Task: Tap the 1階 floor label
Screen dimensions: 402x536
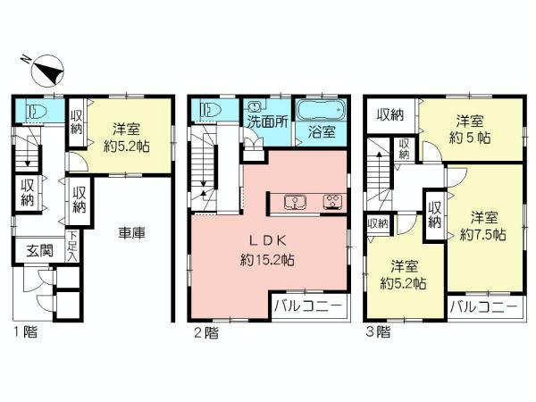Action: tap(24, 330)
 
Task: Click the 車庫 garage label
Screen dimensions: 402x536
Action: tap(132, 233)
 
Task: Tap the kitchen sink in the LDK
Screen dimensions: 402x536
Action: tap(296, 200)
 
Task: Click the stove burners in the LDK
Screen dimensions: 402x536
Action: tap(332, 200)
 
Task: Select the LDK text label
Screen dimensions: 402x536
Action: tap(265, 242)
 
